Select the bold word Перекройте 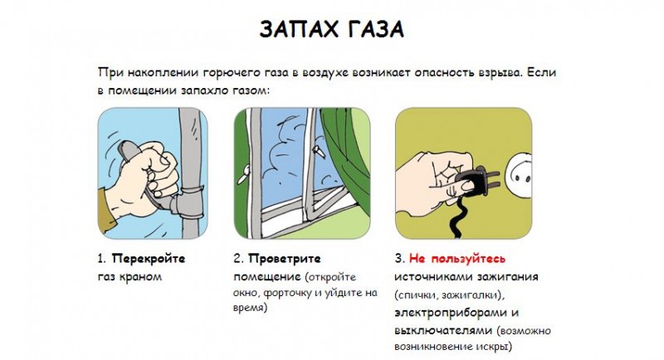click(x=149, y=258)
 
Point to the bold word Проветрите click(x=285, y=258)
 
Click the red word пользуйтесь click(x=468, y=258)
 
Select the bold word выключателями click(x=443, y=330)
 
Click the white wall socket click(x=519, y=174)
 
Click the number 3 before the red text click(x=398, y=258)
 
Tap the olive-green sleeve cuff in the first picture click(x=107, y=208)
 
